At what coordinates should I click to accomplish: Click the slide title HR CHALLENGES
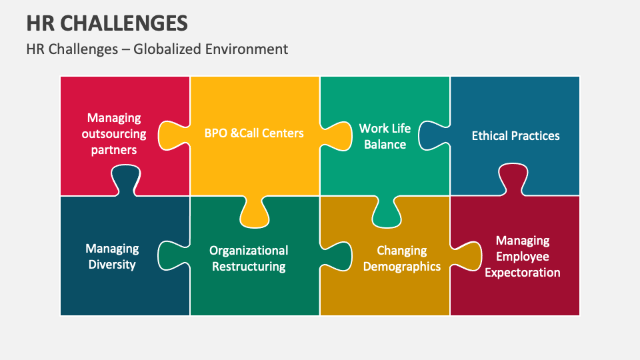click(107, 23)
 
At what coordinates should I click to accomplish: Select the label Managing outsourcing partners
click(114, 134)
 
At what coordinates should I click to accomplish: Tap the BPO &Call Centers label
click(254, 133)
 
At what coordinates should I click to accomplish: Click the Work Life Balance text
click(385, 136)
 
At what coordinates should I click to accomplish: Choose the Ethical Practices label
click(515, 135)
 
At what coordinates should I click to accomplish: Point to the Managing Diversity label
click(112, 257)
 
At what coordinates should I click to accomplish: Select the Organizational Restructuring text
click(249, 259)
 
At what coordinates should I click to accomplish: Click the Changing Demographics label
click(401, 259)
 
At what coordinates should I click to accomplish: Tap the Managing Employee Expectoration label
click(522, 257)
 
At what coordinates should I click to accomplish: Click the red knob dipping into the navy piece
click(126, 181)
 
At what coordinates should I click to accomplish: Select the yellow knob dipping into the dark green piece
click(254, 213)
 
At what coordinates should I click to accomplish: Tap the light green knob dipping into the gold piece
click(385, 213)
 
